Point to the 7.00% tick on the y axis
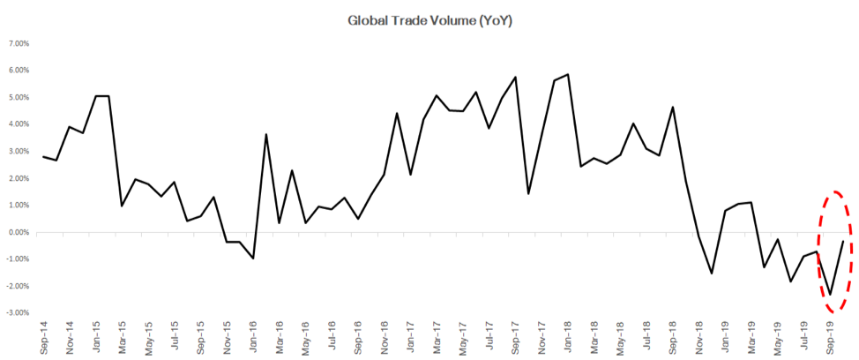[x=19, y=43]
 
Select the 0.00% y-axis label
[x=19, y=233]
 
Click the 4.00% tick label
[x=19, y=124]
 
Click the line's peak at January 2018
[x=568, y=74]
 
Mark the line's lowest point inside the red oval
[x=830, y=295]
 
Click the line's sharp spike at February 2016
[x=266, y=134]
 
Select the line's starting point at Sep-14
[x=43, y=156]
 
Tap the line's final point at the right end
[x=843, y=241]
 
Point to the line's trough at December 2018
[x=712, y=274]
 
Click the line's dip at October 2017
[x=528, y=193]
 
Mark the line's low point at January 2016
[x=254, y=259]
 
